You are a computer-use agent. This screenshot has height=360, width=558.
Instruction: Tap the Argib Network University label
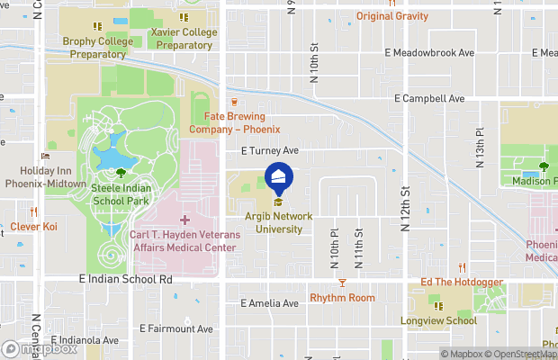278,222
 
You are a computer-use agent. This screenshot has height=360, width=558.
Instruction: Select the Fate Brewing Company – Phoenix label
234,122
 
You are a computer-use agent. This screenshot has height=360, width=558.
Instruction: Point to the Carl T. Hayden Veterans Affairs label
185,240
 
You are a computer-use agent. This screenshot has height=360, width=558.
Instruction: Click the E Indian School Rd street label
125,280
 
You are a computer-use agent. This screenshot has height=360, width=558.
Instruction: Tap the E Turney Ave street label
268,152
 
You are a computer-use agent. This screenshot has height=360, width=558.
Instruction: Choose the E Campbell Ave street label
429,98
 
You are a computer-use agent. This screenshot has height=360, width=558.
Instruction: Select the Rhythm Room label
342,298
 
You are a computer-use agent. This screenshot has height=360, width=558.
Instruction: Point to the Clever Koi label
33,227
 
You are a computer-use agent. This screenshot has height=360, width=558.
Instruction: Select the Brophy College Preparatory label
94,48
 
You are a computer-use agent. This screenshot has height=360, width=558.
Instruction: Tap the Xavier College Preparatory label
184,39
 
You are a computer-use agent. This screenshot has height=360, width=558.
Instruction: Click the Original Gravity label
392,16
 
